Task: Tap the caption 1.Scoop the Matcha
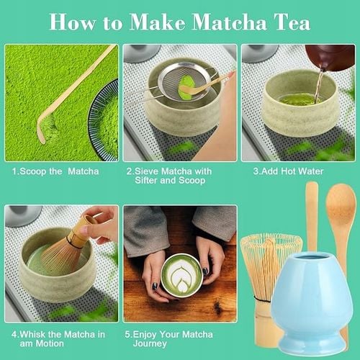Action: (56, 171)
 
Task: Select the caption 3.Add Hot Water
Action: (288, 171)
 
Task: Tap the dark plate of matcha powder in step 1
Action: (104, 119)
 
